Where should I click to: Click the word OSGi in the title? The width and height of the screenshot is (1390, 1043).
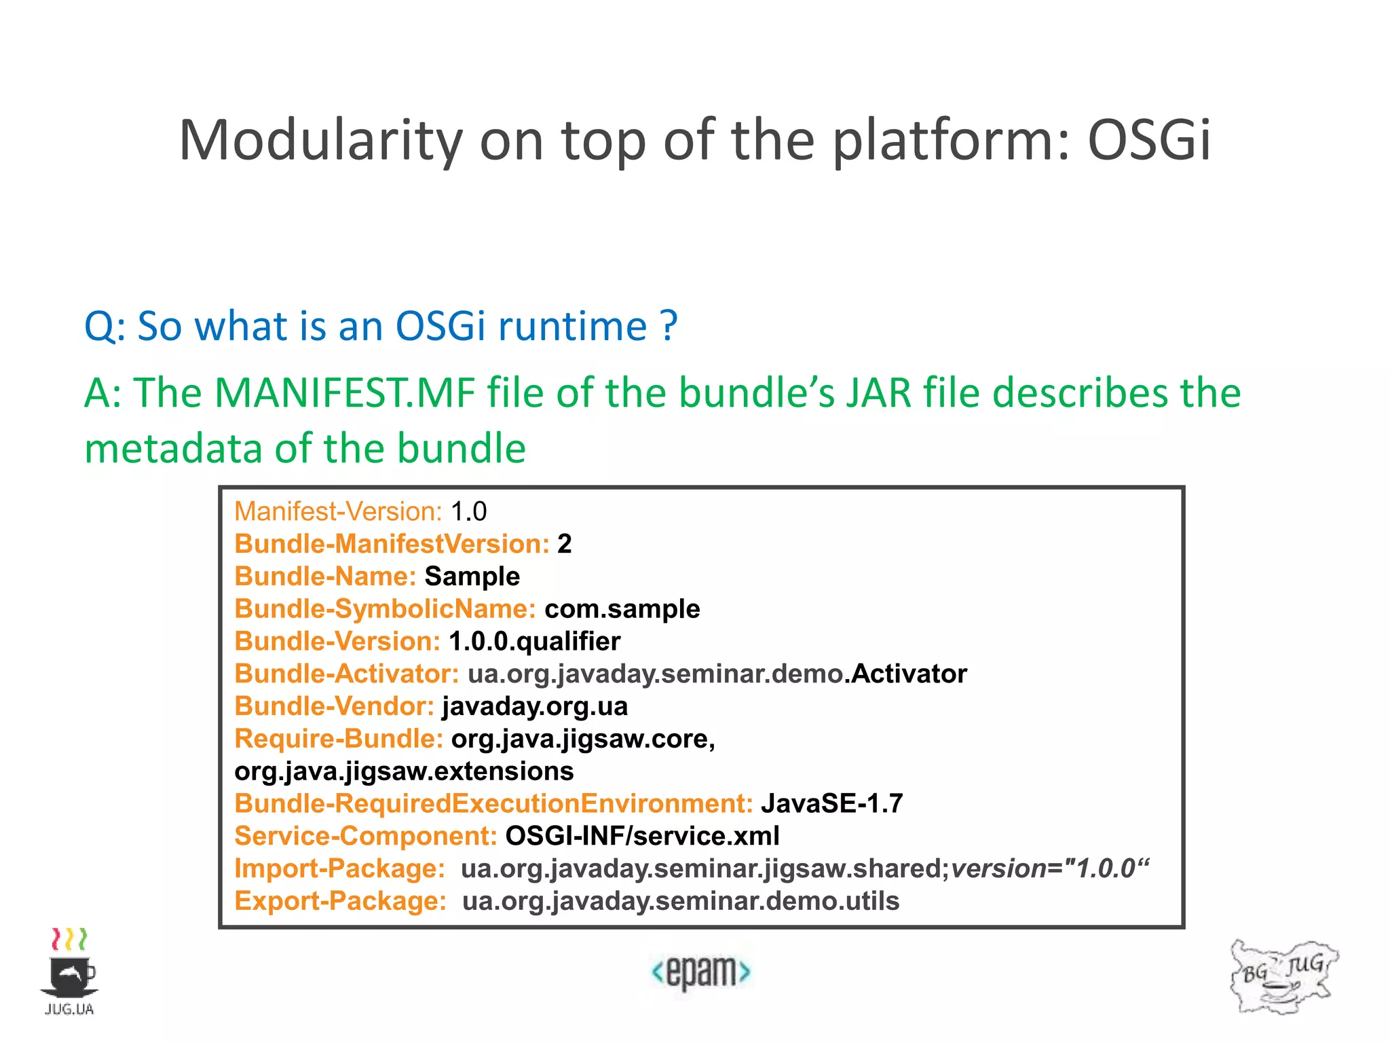click(x=1148, y=140)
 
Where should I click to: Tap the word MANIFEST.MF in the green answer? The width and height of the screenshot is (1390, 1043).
click(x=345, y=393)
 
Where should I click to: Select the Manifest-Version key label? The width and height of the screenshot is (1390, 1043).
click(x=338, y=511)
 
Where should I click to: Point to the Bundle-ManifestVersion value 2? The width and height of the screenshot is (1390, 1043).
click(x=564, y=544)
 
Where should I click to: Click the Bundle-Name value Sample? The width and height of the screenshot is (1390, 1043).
click(x=472, y=577)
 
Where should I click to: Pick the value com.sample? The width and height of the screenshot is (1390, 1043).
click(x=622, y=609)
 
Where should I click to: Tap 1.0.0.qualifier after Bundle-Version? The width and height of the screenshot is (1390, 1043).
click(x=534, y=641)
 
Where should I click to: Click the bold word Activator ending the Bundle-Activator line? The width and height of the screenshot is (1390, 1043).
click(x=909, y=674)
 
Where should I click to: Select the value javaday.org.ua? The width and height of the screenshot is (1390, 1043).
click(x=534, y=706)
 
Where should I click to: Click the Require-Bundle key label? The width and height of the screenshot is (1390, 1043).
click(x=338, y=739)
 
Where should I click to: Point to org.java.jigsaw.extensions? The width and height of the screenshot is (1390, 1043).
click(x=404, y=771)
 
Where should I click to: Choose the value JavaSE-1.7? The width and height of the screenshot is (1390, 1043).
click(x=831, y=803)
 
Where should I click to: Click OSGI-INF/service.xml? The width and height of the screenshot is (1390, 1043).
click(x=642, y=836)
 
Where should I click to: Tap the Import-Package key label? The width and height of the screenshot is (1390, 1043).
click(x=339, y=868)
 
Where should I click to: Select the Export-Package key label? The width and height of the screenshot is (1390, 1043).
click(x=340, y=901)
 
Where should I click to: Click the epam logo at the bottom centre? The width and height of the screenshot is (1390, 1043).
click(x=700, y=972)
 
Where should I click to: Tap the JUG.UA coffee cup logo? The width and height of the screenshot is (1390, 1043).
click(x=69, y=971)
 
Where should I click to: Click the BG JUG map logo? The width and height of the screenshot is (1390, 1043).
click(x=1283, y=976)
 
